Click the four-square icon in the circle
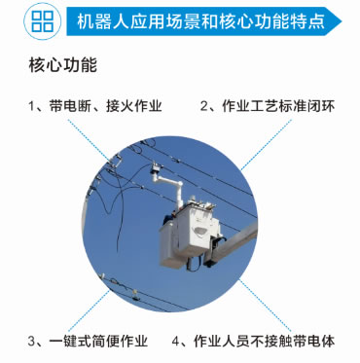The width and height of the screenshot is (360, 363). point(43,21)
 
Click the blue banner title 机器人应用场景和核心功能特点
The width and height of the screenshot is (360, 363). point(200,21)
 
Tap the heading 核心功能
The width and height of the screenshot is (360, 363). point(63,65)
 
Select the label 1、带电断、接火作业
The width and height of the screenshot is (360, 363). point(95,106)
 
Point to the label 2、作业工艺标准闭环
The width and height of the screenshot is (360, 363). point(268,106)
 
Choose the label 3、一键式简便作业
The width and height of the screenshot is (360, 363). point(88,341)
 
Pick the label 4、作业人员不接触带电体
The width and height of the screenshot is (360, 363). point(253,341)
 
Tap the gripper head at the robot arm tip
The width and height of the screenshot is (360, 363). point(156,167)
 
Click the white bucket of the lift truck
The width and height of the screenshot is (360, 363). point(190,234)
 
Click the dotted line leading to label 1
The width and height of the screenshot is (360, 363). point(89,140)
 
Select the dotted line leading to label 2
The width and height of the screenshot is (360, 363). point(266,145)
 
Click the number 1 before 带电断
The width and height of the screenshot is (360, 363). point(31,106)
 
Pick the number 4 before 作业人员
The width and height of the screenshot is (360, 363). point(175,342)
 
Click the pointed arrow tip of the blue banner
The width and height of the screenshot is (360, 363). point(341,21)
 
